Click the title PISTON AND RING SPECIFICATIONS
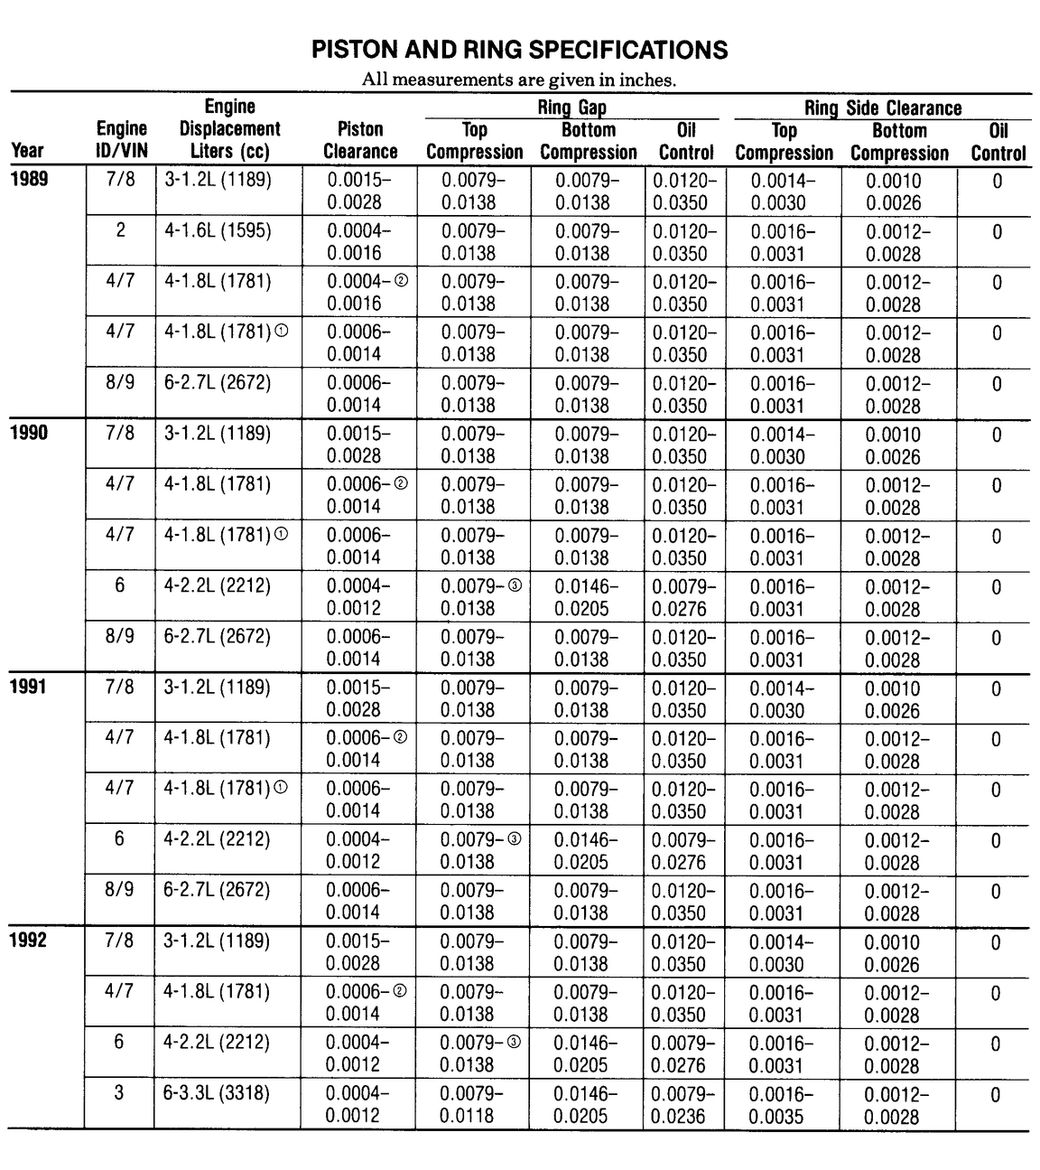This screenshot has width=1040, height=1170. [x=519, y=50]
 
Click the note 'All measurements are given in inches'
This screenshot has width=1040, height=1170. [x=519, y=80]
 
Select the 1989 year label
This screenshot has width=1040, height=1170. [x=29, y=178]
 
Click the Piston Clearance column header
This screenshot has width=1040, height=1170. [x=360, y=141]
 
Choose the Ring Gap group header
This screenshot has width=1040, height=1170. [x=571, y=108]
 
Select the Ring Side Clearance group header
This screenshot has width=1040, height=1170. [x=882, y=108]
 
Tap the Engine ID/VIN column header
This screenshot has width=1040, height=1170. [x=121, y=140]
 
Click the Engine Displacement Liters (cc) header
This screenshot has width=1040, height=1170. [x=229, y=129]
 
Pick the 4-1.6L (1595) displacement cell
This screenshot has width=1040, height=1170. [x=218, y=230]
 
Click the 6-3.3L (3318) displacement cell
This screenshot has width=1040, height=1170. [x=217, y=1093]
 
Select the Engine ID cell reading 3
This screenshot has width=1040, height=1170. [x=119, y=1093]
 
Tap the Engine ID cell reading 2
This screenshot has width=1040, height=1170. [x=120, y=230]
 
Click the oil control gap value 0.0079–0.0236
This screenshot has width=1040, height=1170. [x=683, y=1105]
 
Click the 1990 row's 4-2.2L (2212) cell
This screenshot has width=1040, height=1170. [x=217, y=585]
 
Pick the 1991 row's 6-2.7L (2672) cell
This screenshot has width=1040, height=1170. [x=217, y=890]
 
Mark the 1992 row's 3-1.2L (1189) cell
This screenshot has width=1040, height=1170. [x=217, y=941]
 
